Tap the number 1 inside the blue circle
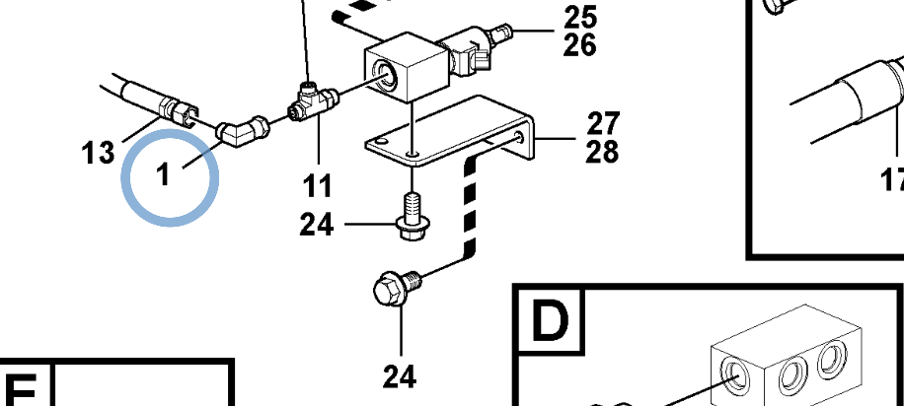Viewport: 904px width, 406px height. tap(164, 175)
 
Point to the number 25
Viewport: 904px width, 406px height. tap(580, 17)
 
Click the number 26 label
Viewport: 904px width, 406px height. tap(580, 44)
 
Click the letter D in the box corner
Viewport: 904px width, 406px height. tap(551, 319)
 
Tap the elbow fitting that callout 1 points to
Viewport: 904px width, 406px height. tap(240, 129)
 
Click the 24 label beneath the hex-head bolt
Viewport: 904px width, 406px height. tap(400, 375)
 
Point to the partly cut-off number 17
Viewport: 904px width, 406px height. tap(893, 179)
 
